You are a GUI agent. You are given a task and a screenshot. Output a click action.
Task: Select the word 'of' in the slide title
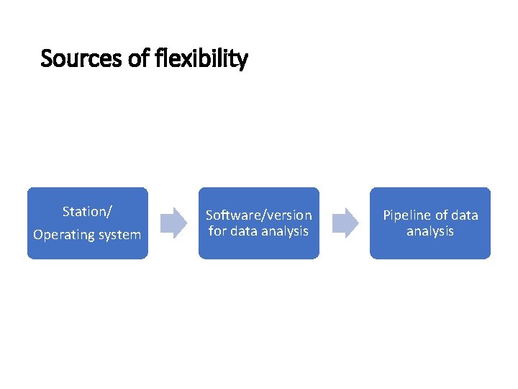click(139, 58)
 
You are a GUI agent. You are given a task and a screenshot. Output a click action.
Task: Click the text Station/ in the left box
click(87, 212)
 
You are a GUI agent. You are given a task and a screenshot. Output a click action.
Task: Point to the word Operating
click(63, 235)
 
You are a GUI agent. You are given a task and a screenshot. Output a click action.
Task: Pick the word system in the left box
click(119, 235)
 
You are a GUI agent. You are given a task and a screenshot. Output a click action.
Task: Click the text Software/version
click(259, 215)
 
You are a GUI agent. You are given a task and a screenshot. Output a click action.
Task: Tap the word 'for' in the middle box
click(217, 231)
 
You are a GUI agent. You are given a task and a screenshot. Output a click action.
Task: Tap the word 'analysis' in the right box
click(430, 231)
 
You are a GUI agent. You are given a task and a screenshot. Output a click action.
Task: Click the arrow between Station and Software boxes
click(173, 223)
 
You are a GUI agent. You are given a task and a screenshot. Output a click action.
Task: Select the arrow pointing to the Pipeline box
click(344, 223)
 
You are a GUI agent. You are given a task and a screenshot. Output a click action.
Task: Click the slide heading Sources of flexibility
click(144, 58)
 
